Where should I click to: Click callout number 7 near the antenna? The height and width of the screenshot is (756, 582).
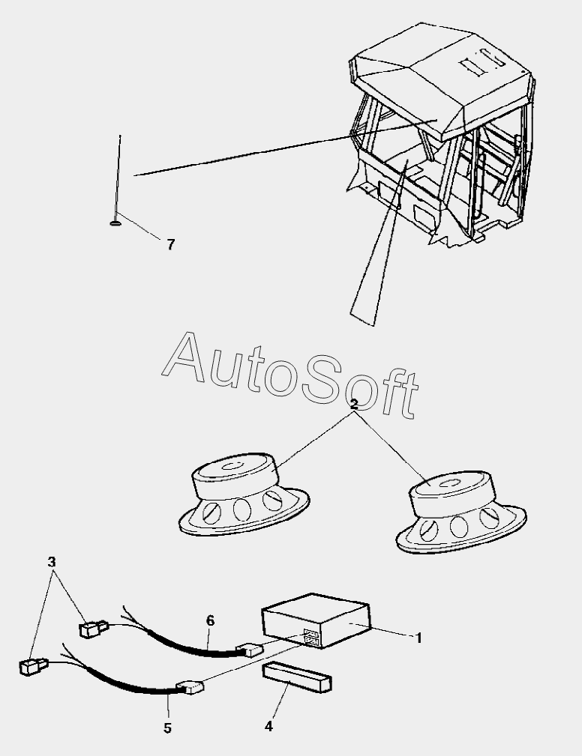click(x=171, y=244)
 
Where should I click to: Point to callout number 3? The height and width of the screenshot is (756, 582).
click(x=51, y=561)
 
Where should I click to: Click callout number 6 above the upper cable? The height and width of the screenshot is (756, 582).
click(x=210, y=620)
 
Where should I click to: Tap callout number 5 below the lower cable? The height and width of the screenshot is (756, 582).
click(x=167, y=728)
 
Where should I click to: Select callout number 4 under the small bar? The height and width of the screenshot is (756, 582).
click(x=268, y=725)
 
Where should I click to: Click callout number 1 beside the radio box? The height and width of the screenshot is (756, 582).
click(x=418, y=638)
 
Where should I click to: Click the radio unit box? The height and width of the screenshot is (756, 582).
click(x=315, y=623)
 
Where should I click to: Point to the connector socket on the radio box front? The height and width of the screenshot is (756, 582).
click(x=311, y=639)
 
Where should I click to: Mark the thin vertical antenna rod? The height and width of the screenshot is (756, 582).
click(x=118, y=176)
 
